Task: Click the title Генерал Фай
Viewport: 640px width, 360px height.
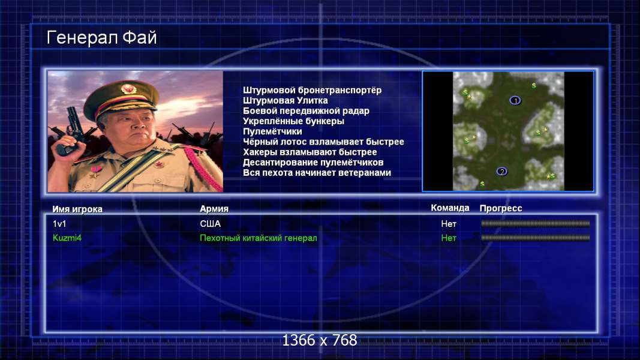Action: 101,38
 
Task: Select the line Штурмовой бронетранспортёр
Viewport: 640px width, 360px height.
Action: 313,90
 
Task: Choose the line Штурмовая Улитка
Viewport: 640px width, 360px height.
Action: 286,100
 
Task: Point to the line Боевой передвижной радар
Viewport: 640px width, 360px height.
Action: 306,111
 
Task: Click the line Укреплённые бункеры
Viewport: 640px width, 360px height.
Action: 293,121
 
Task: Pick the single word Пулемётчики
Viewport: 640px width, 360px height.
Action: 273,131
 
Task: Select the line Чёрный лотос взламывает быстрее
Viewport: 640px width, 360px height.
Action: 324,142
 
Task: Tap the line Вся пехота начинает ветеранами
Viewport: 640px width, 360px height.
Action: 317,173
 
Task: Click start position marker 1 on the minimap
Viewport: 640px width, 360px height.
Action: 515,100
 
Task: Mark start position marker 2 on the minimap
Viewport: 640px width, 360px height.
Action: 502,172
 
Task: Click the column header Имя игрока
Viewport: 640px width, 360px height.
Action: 77,209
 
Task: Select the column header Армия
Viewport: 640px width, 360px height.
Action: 214,209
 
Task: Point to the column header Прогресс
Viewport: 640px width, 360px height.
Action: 501,208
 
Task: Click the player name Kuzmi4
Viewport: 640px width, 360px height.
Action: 67,238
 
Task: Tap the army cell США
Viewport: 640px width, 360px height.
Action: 210,224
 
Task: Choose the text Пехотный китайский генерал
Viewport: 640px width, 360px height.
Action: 259,238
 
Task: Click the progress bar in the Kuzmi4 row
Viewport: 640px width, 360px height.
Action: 536,238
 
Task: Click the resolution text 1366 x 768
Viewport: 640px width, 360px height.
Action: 320,340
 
